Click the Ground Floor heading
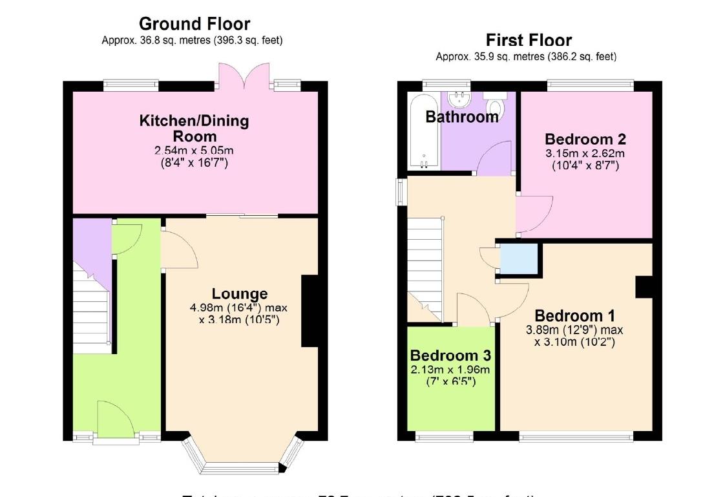coord(194,25)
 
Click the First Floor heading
coord(529,40)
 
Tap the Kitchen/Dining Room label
coord(194,128)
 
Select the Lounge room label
coord(239,295)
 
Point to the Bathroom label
coord(462,117)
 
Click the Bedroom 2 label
coord(585,139)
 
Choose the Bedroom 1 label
coord(574,316)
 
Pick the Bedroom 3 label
coord(450,355)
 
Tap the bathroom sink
coord(459,100)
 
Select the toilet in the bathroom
coord(496,105)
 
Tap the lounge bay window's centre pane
coord(242,466)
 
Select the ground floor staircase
coord(90,310)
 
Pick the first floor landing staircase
coord(425,265)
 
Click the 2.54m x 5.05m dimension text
coord(194,151)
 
